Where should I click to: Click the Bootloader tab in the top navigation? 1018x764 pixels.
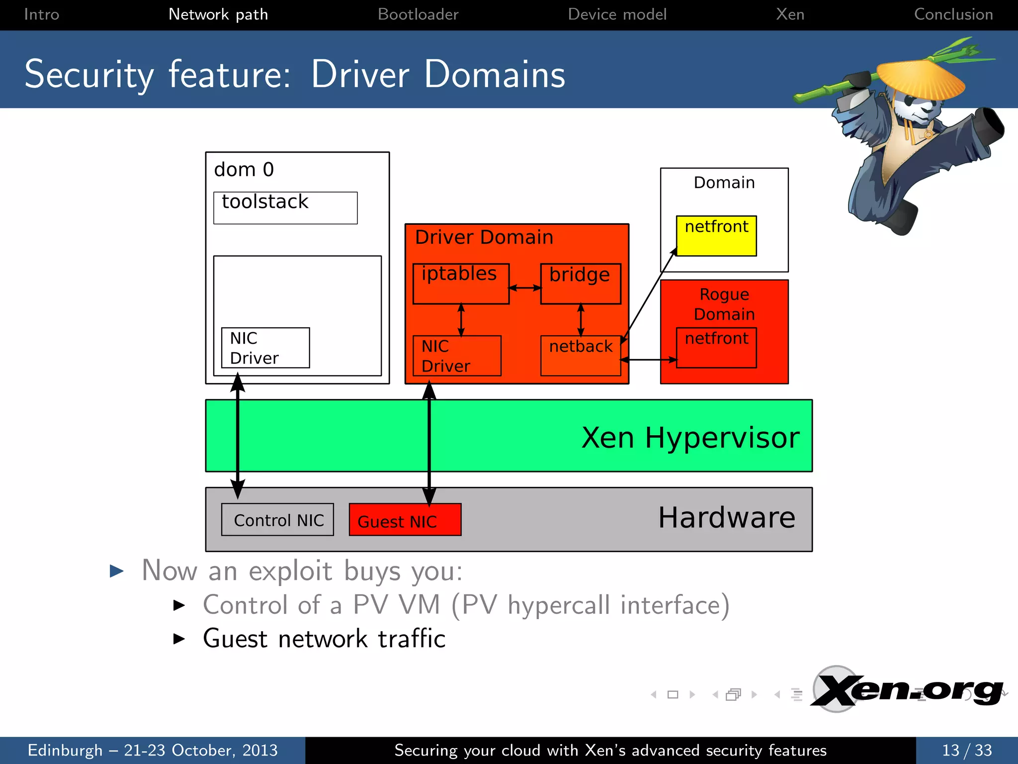pos(418,14)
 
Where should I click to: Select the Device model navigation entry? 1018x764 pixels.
pos(617,14)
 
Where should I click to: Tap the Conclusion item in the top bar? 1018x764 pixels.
pos(953,14)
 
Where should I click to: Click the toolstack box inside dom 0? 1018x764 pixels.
pos(285,208)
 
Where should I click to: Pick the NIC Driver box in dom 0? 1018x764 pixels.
pos(265,348)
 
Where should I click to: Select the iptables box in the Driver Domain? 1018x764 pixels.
pos(461,284)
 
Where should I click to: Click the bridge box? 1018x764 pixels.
pos(581,284)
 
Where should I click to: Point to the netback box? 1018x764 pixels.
pos(581,356)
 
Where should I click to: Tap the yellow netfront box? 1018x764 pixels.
pos(716,236)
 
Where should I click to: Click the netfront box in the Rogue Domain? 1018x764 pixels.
pos(716,348)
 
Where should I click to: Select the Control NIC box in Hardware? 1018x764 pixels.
pos(277,520)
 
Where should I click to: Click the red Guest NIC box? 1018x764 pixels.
pos(405,520)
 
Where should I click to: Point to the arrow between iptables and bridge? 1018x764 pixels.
pos(525,287)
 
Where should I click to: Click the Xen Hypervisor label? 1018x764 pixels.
pos(690,438)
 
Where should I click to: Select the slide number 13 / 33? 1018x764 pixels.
pos(967,750)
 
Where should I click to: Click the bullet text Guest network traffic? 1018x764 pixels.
pos(324,639)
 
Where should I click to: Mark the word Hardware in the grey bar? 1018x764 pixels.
pos(726,518)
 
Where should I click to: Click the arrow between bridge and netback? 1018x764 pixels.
pos(581,320)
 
